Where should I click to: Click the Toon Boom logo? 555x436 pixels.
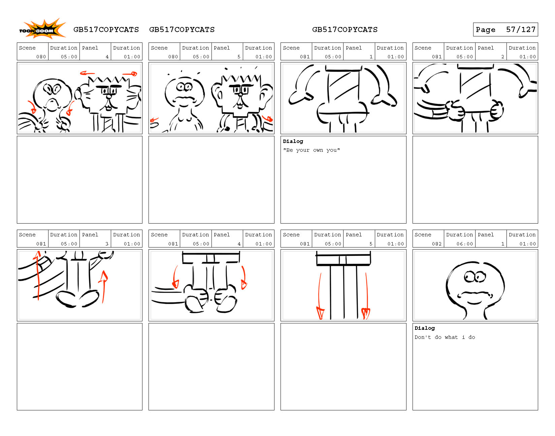point(42,29)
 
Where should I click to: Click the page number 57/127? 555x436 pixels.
point(521,30)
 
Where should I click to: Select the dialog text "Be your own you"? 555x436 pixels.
point(311,150)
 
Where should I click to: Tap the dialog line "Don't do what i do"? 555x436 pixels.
point(445,337)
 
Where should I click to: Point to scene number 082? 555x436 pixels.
point(436,244)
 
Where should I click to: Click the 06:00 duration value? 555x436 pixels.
point(465,244)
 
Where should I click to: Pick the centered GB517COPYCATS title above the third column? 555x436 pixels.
point(345,30)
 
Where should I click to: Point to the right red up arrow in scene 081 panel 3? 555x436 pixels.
point(103,286)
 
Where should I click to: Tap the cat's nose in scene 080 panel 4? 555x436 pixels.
point(109,97)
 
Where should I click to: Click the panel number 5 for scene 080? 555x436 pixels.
point(239,57)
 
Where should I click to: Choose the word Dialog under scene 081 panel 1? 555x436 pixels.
point(293,141)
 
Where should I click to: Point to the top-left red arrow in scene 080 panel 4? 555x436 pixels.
point(87,74)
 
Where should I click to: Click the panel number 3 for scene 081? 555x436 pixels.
point(107,244)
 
